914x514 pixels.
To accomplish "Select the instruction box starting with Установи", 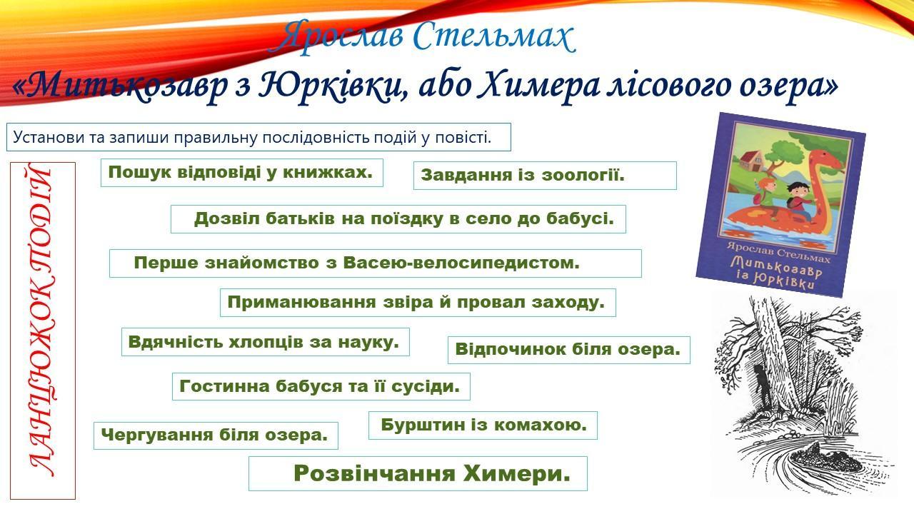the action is click(x=258, y=137).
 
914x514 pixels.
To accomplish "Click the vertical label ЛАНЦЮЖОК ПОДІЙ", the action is click(x=42, y=331).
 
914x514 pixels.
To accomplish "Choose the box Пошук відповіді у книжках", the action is click(x=242, y=173).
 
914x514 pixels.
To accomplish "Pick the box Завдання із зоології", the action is click(x=545, y=176).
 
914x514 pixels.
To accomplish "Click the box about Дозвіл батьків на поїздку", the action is click(x=398, y=219).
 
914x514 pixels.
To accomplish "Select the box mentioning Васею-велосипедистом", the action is click(x=376, y=263).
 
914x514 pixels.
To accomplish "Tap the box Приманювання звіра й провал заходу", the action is click(x=418, y=303).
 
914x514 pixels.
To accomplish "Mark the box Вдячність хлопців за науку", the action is click(x=265, y=342).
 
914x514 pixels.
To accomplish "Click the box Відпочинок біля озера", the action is click(x=569, y=350).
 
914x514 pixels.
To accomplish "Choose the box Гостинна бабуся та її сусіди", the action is click(x=321, y=386).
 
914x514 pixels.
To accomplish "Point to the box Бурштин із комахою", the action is click(x=483, y=425).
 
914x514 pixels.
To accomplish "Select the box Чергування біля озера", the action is click(x=216, y=435).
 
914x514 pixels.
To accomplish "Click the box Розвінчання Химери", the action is click(x=418, y=473).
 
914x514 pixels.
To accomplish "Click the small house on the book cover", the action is click(x=752, y=161).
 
